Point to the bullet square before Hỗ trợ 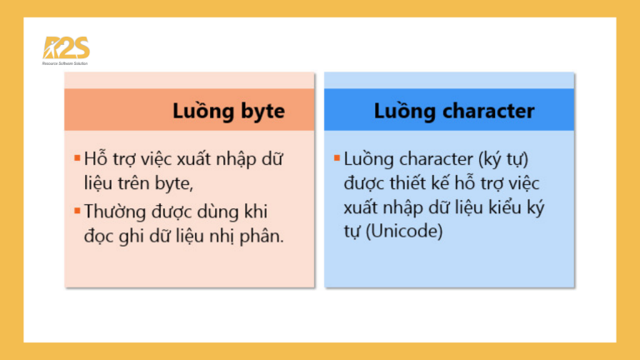[77, 157]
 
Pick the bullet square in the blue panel [336, 157]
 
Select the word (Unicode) [402, 232]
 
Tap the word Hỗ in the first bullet [97, 157]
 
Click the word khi [265, 212]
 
